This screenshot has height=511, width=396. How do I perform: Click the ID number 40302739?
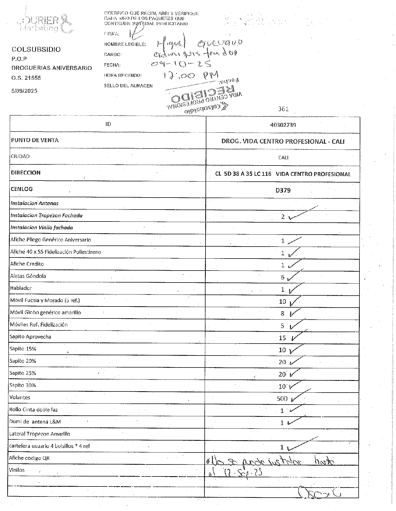coord(283,125)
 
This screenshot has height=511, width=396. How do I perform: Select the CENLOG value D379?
coord(283,190)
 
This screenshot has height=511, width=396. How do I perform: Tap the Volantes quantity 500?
coord(282,398)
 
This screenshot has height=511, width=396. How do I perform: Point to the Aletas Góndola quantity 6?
coord(282,277)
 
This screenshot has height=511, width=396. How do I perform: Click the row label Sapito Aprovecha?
coord(30,337)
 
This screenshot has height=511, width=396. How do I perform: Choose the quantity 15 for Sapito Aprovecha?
coord(282,338)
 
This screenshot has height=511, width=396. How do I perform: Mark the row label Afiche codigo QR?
coord(29,458)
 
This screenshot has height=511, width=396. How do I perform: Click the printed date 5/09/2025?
coord(24,91)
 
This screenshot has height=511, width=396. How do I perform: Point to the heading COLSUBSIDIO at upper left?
coord(36,50)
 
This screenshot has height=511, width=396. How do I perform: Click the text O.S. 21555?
coord(26,78)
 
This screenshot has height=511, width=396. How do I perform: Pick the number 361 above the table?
coord(283,109)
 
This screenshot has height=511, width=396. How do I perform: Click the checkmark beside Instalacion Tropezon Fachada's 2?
coord(303,213)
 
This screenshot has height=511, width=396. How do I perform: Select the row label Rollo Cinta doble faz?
coord(34,410)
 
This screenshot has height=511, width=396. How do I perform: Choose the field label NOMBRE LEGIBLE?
coord(125,44)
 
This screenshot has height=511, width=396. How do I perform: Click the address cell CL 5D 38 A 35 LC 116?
coord(243,174)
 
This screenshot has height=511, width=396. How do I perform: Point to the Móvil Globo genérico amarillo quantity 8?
coord(282,314)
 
